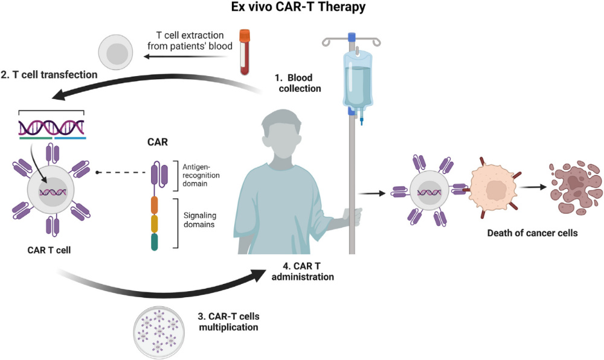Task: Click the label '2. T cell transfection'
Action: [49, 75]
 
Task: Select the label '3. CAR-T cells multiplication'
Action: [230, 321]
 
